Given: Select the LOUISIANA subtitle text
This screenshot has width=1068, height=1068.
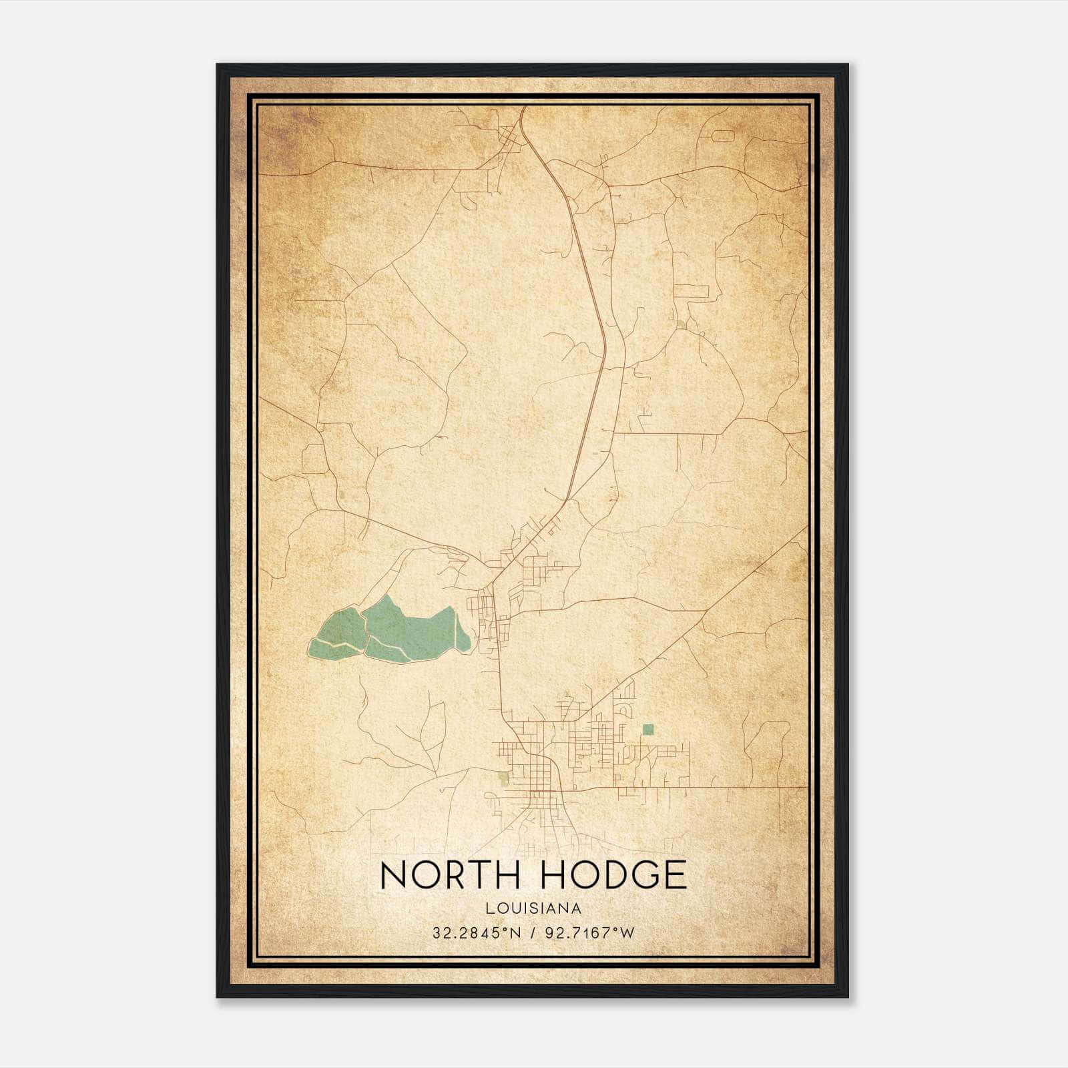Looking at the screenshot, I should [x=533, y=908].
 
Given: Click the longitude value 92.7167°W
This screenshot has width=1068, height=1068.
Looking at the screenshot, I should [x=589, y=932].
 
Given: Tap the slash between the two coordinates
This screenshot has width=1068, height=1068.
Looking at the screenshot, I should [x=533, y=932].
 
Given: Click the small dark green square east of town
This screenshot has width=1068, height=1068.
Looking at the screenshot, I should [x=647, y=730].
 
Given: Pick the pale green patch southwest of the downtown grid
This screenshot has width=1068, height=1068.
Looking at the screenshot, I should [x=503, y=777].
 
